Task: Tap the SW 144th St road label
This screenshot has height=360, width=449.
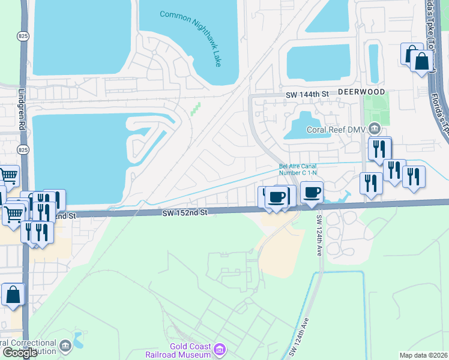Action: (307, 95)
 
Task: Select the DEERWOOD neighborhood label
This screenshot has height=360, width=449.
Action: (360, 92)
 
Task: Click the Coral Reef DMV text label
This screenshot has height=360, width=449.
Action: (337, 129)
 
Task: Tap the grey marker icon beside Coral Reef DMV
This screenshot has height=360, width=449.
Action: (375, 128)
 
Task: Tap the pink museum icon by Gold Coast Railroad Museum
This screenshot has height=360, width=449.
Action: (220, 349)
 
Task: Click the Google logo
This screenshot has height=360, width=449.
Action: (20, 353)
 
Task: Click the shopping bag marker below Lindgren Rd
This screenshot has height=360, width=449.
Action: (13, 296)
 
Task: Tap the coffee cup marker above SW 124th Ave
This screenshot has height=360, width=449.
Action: (312, 193)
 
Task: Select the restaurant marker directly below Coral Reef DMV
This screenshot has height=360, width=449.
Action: (379, 149)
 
